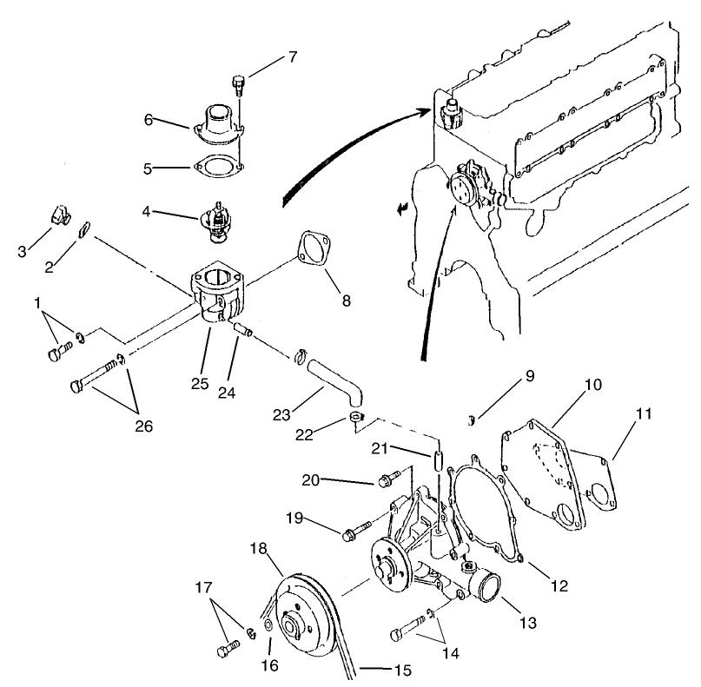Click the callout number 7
292,58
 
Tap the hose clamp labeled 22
356,420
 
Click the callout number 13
528,623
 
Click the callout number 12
559,586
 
